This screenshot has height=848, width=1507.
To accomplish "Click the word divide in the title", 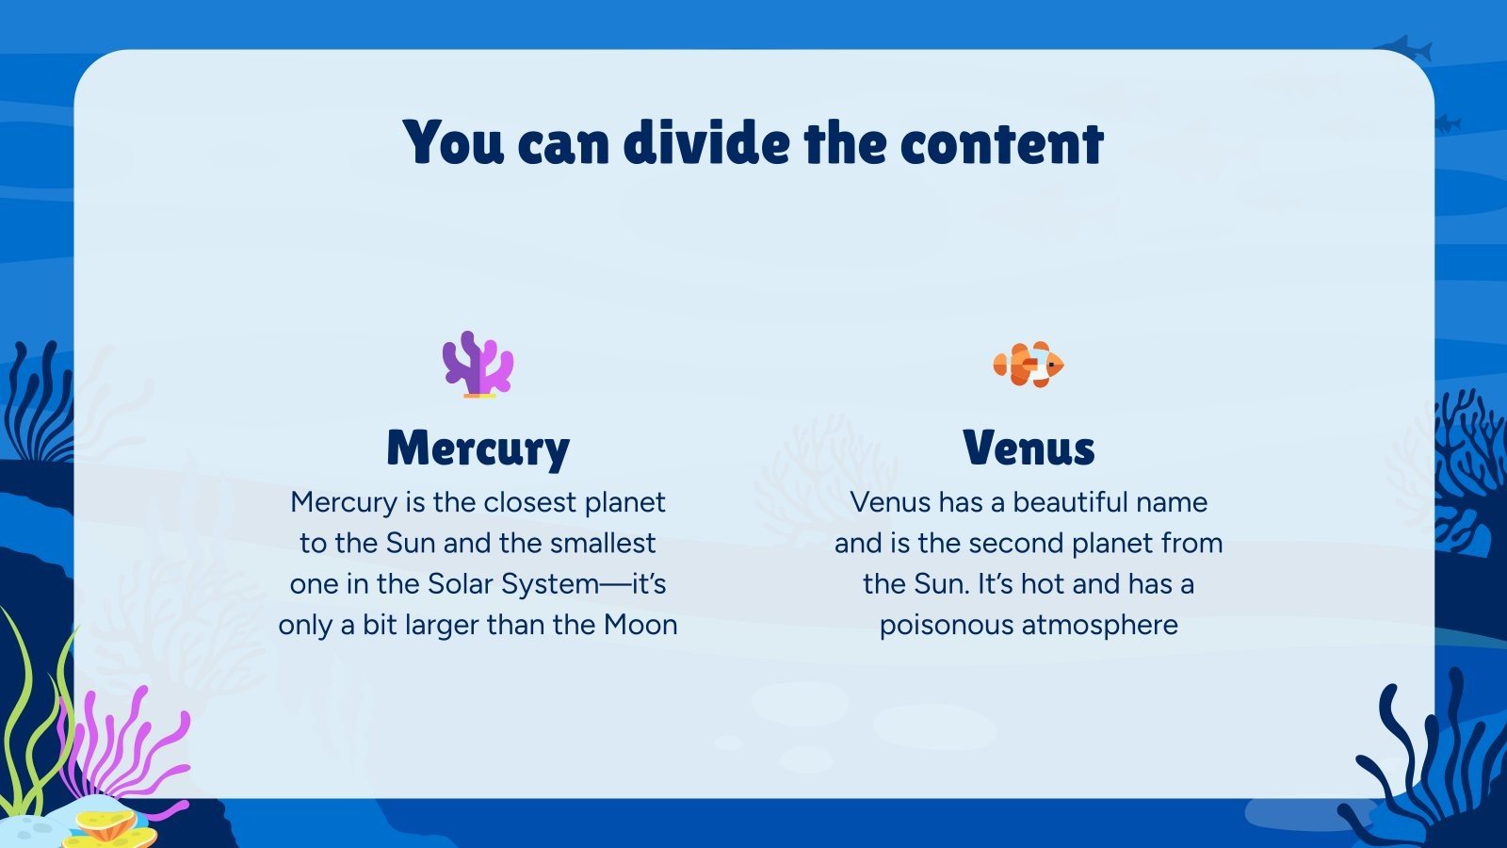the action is click(706, 142).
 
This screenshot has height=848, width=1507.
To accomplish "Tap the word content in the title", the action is click(1002, 144).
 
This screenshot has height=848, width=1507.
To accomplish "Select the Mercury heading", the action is click(478, 448).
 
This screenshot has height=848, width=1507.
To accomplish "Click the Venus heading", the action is click(1029, 448).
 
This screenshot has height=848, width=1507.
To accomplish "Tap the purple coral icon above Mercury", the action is click(478, 364).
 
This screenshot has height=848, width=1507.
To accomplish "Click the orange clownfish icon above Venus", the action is click(1029, 364).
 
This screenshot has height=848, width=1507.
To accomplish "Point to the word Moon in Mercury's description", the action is click(640, 625).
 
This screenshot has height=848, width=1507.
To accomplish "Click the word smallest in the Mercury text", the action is click(603, 543).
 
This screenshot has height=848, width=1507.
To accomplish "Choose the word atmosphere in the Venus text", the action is click(1100, 626).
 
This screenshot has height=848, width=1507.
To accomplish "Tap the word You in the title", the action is click(453, 142).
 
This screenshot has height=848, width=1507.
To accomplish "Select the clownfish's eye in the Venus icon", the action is click(1050, 364).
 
